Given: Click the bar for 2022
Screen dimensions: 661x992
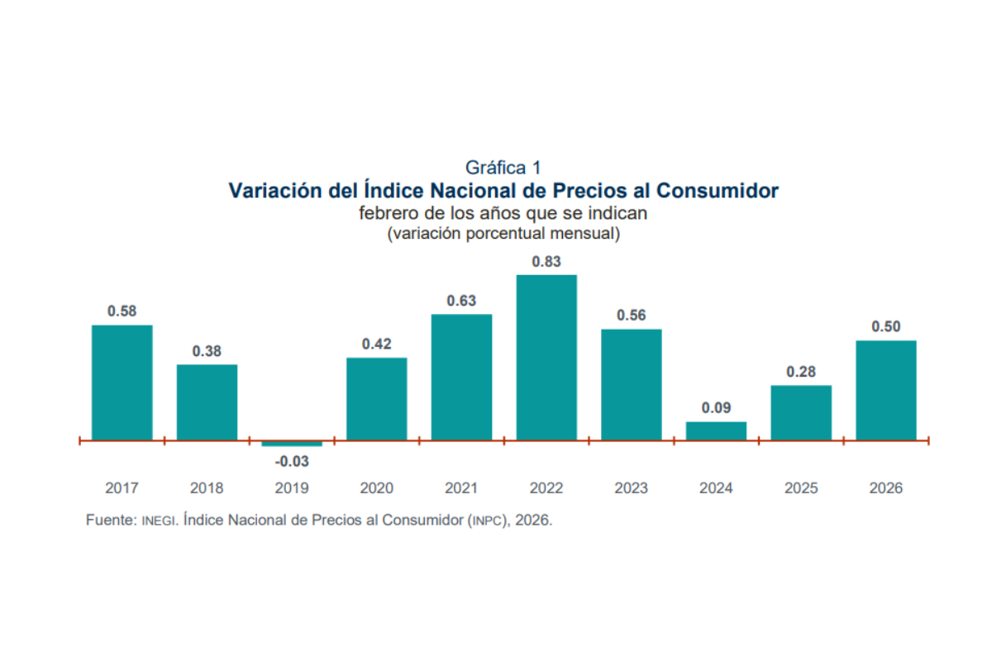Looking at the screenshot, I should click(546, 357).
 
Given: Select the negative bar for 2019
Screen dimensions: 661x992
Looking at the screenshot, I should click(292, 444).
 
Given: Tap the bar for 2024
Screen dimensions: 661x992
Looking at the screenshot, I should click(716, 430).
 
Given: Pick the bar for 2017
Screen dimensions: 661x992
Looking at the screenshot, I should click(122, 382).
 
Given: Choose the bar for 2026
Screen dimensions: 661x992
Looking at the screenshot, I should click(885, 390).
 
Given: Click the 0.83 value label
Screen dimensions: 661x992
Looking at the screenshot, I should click(546, 262).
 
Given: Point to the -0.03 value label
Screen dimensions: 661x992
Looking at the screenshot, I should click(292, 462).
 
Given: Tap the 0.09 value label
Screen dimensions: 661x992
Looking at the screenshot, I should click(716, 408).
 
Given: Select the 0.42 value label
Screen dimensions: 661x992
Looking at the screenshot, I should click(377, 344).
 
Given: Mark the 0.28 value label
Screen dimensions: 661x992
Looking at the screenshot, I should click(801, 372).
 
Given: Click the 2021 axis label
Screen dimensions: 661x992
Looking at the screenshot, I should click(461, 488).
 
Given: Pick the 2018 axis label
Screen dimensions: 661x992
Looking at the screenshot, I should click(207, 488).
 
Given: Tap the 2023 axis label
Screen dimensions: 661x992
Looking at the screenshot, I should click(632, 488).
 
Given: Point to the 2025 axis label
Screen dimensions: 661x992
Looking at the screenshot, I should click(801, 488).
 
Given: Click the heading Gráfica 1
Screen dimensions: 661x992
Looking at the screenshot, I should click(503, 169).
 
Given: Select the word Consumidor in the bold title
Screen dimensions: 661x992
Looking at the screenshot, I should click(718, 191).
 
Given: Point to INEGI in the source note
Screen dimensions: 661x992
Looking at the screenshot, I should click(159, 521).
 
